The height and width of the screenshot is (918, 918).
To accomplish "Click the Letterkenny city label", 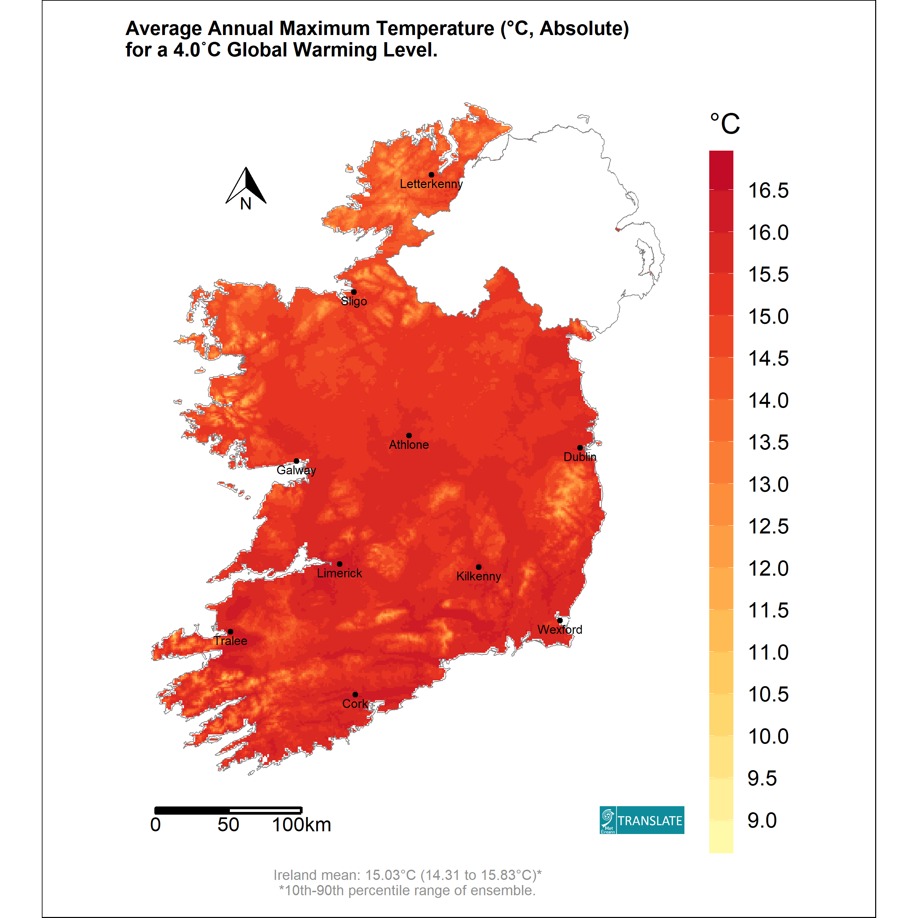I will click(431, 184).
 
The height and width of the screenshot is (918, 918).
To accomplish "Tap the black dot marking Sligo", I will click(354, 292).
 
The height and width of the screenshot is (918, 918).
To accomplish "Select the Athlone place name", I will click(409, 445).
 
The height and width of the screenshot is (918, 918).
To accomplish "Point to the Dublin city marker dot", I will click(580, 447).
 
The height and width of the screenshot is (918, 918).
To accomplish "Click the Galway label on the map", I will click(296, 471).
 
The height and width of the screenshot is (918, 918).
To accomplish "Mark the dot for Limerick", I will click(339, 564).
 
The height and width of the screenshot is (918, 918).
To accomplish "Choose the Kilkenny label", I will click(478, 576).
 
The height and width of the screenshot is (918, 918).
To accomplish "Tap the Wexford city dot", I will click(560, 620).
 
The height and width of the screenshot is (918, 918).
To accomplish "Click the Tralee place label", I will click(231, 641).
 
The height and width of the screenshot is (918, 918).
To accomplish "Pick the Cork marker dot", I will click(355, 695).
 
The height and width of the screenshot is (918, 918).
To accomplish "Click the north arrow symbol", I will click(246, 186).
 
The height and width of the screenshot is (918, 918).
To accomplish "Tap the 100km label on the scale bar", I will click(301, 825).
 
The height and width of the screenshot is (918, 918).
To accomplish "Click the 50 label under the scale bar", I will click(228, 825).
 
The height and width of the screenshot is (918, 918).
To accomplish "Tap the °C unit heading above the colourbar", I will click(725, 124).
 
